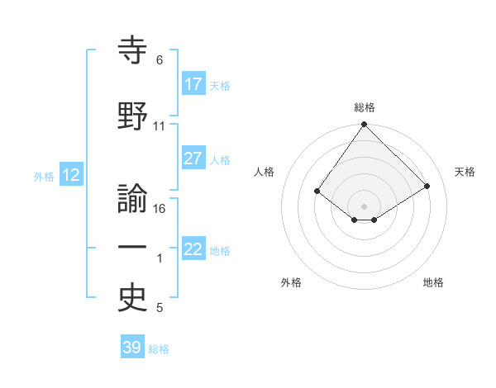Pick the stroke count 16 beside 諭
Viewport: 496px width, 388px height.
160,209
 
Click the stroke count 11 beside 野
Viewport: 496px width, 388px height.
160,126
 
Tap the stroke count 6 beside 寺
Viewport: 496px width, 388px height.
160,60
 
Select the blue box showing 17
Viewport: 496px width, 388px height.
193,84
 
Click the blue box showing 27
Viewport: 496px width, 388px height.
193,159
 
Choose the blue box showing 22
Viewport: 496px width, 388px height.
193,249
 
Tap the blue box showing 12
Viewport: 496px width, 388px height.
71,175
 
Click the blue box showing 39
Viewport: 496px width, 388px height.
132,348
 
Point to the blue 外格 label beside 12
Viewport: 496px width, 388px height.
44,176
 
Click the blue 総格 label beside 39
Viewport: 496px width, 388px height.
159,349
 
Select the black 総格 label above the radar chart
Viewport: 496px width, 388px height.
364,107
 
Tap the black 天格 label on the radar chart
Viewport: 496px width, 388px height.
465,172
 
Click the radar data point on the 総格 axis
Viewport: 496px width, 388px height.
364,125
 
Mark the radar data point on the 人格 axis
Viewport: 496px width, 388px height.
317,191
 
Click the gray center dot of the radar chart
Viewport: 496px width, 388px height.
364,206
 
